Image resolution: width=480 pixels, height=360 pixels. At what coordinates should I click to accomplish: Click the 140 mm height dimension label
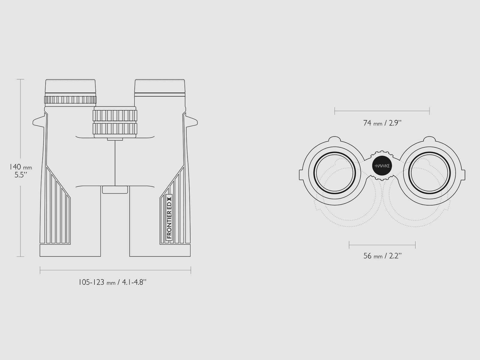(21, 171)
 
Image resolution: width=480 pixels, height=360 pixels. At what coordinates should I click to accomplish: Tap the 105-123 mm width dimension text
(112, 282)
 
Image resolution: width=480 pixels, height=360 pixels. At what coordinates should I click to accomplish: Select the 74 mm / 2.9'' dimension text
(382, 123)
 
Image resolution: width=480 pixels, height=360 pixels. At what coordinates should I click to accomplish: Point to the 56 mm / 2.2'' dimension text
(382, 256)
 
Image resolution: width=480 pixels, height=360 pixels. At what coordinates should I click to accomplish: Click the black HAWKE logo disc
(382, 166)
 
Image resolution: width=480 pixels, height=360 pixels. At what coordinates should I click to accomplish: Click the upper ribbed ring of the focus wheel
(115, 115)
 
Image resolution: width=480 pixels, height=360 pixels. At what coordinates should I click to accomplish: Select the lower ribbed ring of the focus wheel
(115, 129)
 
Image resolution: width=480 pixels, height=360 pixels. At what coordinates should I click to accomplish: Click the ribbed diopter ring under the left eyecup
(70, 100)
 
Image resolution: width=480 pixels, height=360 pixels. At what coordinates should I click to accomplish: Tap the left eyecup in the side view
(70, 87)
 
